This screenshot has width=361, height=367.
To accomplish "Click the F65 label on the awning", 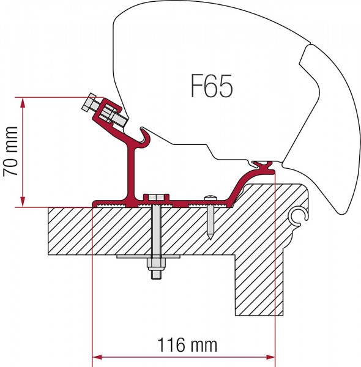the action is [212, 86].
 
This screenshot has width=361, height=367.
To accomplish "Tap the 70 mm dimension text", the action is [10, 152].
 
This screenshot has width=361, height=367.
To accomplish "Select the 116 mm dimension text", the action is [187, 345].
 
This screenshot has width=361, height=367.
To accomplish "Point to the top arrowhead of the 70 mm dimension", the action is [23, 103].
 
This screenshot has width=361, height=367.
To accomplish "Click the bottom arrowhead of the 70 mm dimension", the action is [23, 202].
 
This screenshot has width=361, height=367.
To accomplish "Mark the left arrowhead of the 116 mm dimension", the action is [97, 357].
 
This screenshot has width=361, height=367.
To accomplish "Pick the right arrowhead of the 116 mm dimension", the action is [270, 357].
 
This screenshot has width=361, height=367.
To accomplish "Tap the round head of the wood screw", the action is [210, 198].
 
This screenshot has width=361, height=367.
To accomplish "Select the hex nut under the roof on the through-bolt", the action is [155, 264].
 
